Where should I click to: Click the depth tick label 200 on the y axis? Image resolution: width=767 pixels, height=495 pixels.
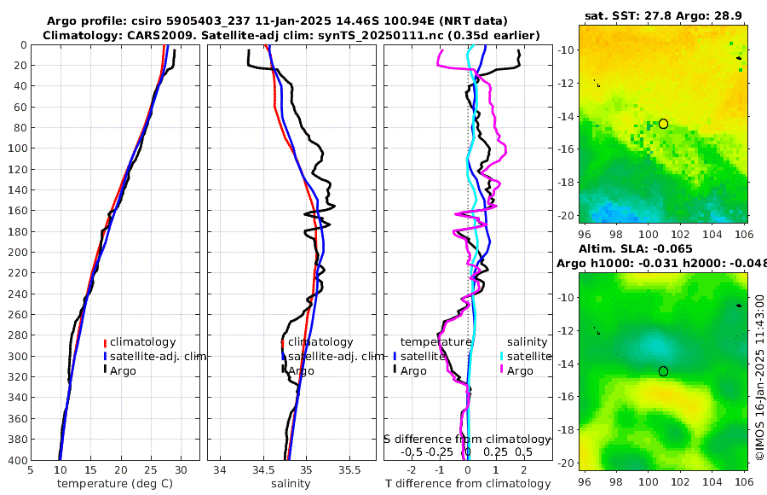click(16, 253)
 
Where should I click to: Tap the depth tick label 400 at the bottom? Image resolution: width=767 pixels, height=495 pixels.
click(16, 460)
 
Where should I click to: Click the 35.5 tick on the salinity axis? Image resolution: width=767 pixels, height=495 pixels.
click(350, 469)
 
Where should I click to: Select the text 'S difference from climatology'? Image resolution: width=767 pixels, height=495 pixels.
click(470, 439)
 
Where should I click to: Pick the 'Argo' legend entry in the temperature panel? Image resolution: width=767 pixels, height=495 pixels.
click(124, 370)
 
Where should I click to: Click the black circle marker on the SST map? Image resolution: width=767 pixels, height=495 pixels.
click(663, 124)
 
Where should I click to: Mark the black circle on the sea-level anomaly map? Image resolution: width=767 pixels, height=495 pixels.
click(663, 371)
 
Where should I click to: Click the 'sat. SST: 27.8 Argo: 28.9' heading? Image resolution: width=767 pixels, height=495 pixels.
click(662, 15)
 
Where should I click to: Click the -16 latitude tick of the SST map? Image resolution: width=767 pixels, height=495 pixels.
click(565, 149)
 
